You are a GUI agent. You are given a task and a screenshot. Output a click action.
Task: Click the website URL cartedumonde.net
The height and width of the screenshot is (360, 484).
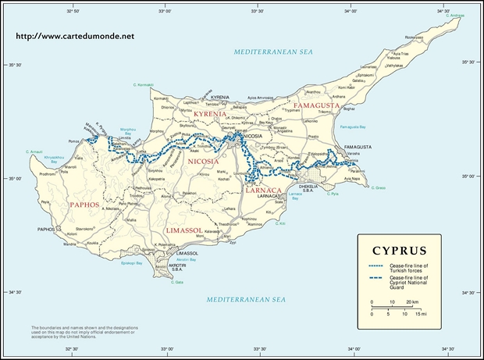74,36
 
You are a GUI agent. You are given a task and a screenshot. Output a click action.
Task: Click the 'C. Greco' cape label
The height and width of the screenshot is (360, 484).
379,187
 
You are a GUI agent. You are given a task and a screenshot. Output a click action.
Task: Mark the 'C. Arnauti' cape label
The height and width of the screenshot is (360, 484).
34,151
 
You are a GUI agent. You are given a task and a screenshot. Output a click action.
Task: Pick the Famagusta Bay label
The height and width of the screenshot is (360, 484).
353,127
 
